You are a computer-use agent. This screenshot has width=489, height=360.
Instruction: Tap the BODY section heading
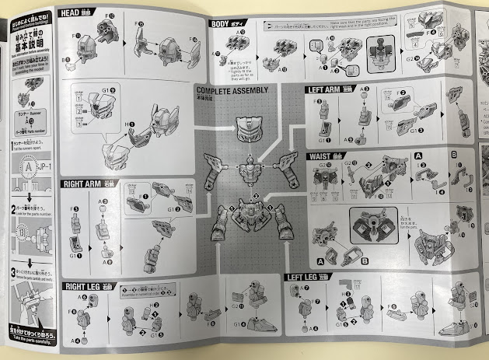point(224,23)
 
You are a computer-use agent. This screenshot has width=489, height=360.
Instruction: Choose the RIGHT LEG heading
point(83,285)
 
